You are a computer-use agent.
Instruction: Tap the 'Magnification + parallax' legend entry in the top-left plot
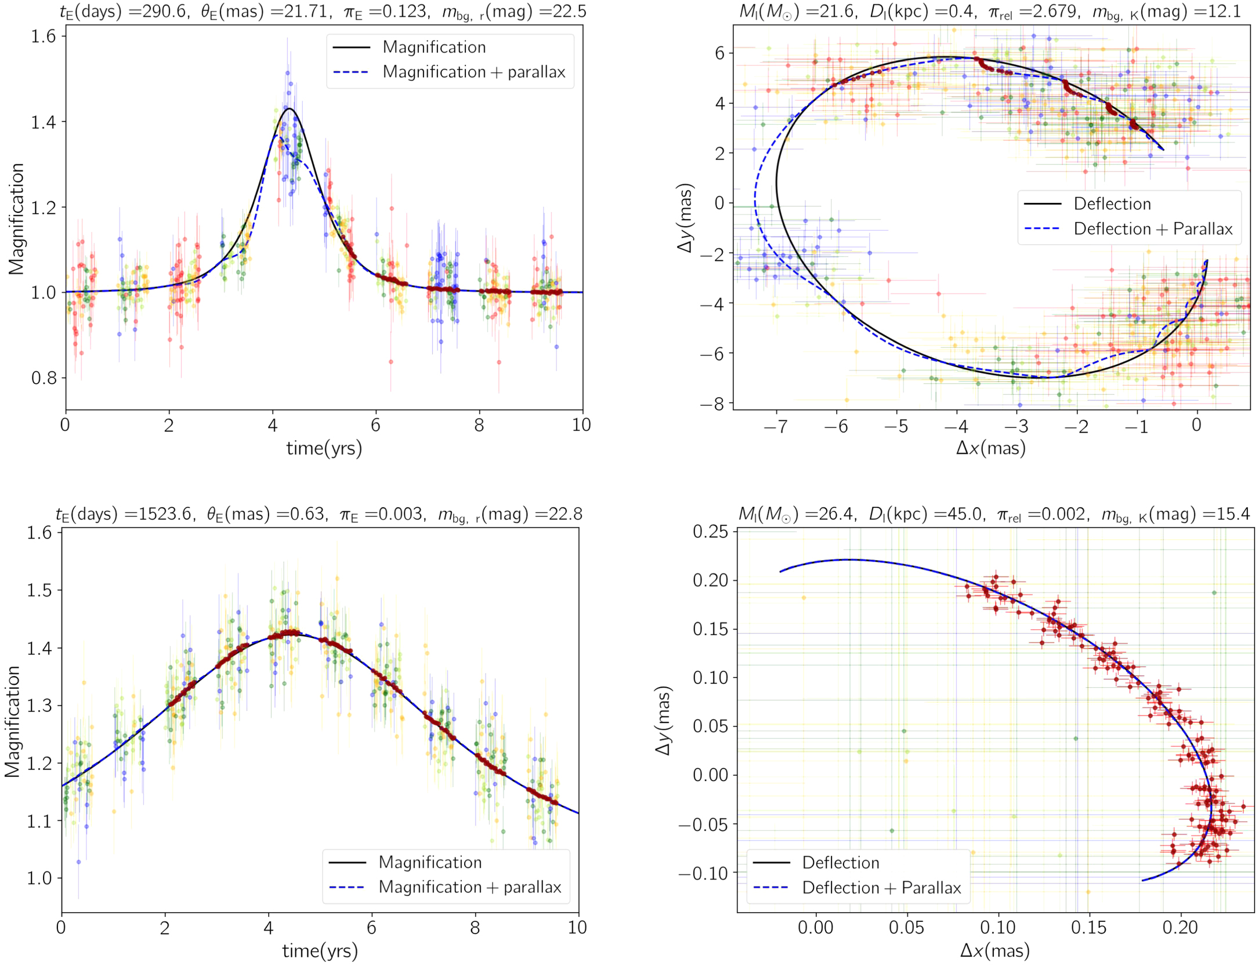point(473,72)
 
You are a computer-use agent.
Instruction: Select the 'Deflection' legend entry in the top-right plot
point(1112,204)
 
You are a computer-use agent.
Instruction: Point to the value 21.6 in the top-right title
point(837,11)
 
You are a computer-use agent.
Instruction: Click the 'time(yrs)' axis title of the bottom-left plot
point(320,951)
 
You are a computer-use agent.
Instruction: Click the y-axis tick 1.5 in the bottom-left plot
point(39,590)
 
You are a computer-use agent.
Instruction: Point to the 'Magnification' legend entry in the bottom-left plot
point(430,862)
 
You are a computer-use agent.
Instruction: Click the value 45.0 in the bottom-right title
point(963,514)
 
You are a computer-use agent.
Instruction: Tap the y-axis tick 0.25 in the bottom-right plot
point(710,531)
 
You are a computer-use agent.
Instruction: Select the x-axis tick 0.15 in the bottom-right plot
point(1088,927)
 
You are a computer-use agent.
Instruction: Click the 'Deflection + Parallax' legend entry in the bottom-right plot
point(881,888)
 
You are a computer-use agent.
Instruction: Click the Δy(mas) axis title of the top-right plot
point(685,217)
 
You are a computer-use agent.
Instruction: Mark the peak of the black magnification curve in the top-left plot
point(289,108)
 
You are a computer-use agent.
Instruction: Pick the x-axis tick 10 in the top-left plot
point(581,425)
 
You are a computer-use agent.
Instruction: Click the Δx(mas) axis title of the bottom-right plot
point(994,951)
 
